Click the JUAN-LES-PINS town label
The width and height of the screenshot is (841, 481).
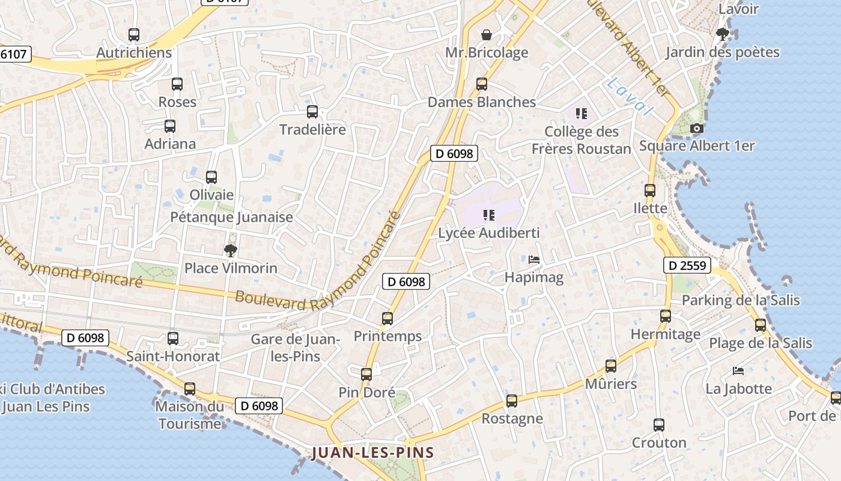(372, 453)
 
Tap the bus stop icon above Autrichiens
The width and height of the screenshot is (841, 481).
(134, 35)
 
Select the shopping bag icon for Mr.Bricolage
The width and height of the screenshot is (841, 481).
(487, 35)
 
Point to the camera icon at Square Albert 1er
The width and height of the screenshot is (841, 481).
(697, 128)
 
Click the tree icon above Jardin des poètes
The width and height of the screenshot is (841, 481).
(722, 34)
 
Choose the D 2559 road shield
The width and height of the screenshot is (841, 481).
(687, 265)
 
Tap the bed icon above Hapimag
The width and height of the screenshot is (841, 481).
(534, 260)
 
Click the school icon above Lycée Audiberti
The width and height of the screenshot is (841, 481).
(489, 215)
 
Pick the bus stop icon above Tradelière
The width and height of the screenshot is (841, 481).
(312, 111)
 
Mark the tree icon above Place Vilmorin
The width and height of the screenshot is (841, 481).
(231, 250)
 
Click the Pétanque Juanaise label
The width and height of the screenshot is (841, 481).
(232, 217)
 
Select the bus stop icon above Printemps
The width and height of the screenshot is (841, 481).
(387, 318)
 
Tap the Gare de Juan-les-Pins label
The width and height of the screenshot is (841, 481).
(296, 348)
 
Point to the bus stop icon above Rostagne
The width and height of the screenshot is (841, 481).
(512, 400)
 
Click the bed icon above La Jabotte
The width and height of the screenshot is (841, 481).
(738, 371)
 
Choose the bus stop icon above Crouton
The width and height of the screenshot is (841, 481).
(659, 425)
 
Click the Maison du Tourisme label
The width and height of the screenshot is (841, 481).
(189, 415)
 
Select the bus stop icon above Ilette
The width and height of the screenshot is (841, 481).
(650, 191)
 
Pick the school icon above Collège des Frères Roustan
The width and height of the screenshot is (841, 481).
(581, 113)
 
